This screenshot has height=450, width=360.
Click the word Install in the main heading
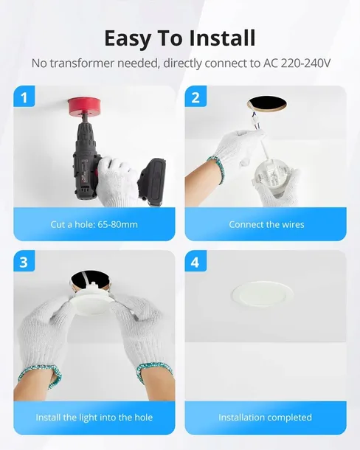coord(222,38)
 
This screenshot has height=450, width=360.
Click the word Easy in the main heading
coord(128,39)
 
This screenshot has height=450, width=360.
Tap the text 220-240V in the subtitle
coord(305,63)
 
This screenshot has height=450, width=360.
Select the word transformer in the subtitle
coord(83,63)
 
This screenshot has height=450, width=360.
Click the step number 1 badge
coord(24,97)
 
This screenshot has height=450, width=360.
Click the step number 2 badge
coord(195,97)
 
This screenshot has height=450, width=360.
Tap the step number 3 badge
coord(24,261)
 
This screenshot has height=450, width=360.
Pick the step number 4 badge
coord(195,261)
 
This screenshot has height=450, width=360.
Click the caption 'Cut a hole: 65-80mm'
coord(94,224)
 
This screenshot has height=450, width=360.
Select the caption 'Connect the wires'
coord(266,224)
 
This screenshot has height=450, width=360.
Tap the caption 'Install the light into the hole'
coord(94,418)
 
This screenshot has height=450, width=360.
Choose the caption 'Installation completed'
coord(266,418)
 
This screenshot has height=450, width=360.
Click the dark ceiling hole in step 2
coord(267,104)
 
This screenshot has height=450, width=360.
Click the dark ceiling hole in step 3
coord(90,280)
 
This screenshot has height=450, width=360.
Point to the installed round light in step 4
coord(263,294)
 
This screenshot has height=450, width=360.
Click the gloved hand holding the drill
coord(117,181)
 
